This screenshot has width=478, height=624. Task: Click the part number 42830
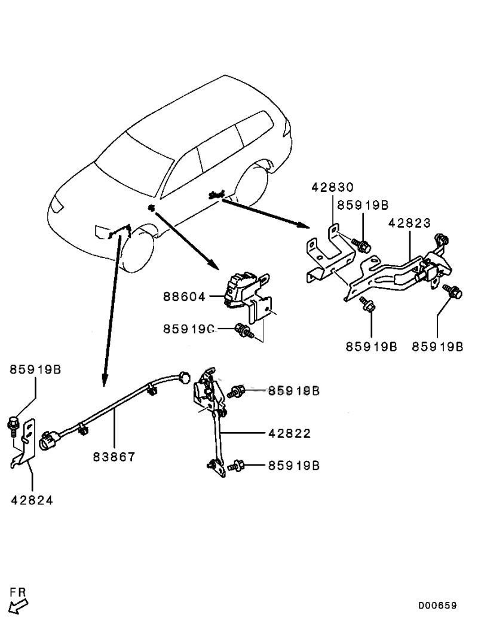point(332,186)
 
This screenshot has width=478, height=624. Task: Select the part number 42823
point(410,222)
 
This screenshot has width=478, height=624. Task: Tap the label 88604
point(184,296)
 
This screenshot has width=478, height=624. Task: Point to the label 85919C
point(189,329)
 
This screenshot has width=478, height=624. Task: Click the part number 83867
point(114,457)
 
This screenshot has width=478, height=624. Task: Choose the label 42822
point(290,433)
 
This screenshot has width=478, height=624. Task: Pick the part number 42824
point(32,500)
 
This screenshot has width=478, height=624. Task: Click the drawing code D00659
point(437,605)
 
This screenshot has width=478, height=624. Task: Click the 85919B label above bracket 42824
point(35,370)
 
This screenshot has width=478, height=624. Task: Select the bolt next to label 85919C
point(244,331)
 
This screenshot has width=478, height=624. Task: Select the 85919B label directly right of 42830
point(363,205)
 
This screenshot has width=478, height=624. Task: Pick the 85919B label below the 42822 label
point(294,466)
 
